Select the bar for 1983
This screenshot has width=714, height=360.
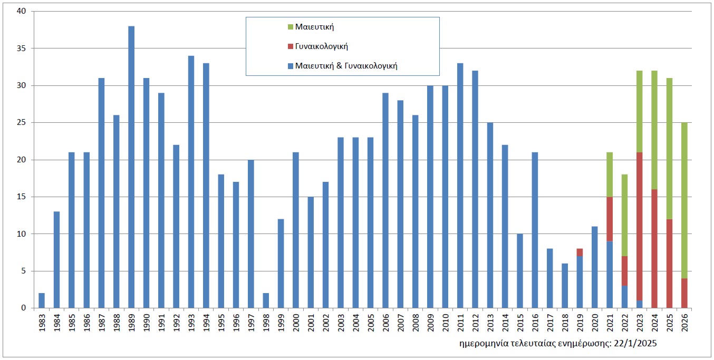[42, 300]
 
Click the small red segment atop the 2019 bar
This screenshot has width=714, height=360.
[580, 252]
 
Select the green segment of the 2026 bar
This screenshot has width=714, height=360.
[684, 200]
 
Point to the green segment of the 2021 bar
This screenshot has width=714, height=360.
[610, 174]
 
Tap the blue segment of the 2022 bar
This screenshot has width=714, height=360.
[624, 297]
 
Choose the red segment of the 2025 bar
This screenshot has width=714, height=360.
[670, 264]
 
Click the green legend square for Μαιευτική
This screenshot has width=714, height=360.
[291, 27]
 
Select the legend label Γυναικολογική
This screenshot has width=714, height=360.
[326, 46]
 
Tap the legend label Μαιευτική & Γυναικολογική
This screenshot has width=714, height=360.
[346, 66]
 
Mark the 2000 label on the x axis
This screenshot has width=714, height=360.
[296, 322]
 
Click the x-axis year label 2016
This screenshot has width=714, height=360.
[535, 322]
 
